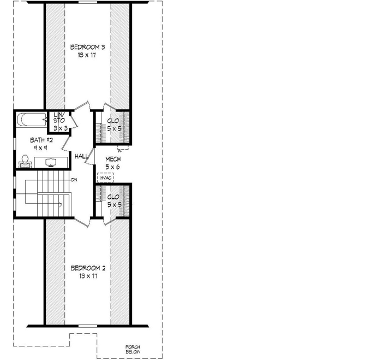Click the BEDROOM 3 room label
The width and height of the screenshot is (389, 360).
click(87, 48)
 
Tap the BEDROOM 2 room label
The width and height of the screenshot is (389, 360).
click(88, 268)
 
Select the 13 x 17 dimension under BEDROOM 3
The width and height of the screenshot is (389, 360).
click(87, 56)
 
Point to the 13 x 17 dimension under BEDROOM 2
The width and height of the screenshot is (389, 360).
click(88, 276)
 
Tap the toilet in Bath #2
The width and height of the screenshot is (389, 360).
click(23, 160)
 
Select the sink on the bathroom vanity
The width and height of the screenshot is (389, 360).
click(50, 162)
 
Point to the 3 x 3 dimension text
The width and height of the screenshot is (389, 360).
click(59, 128)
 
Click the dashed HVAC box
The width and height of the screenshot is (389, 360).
click(105, 178)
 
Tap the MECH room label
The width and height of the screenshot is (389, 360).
click(113, 159)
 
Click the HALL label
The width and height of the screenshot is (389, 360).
click(82, 157)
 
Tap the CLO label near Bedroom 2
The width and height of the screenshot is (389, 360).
click(113, 197)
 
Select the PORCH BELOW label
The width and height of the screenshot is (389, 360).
click(133, 350)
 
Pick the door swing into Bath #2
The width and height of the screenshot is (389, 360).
click(66, 143)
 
